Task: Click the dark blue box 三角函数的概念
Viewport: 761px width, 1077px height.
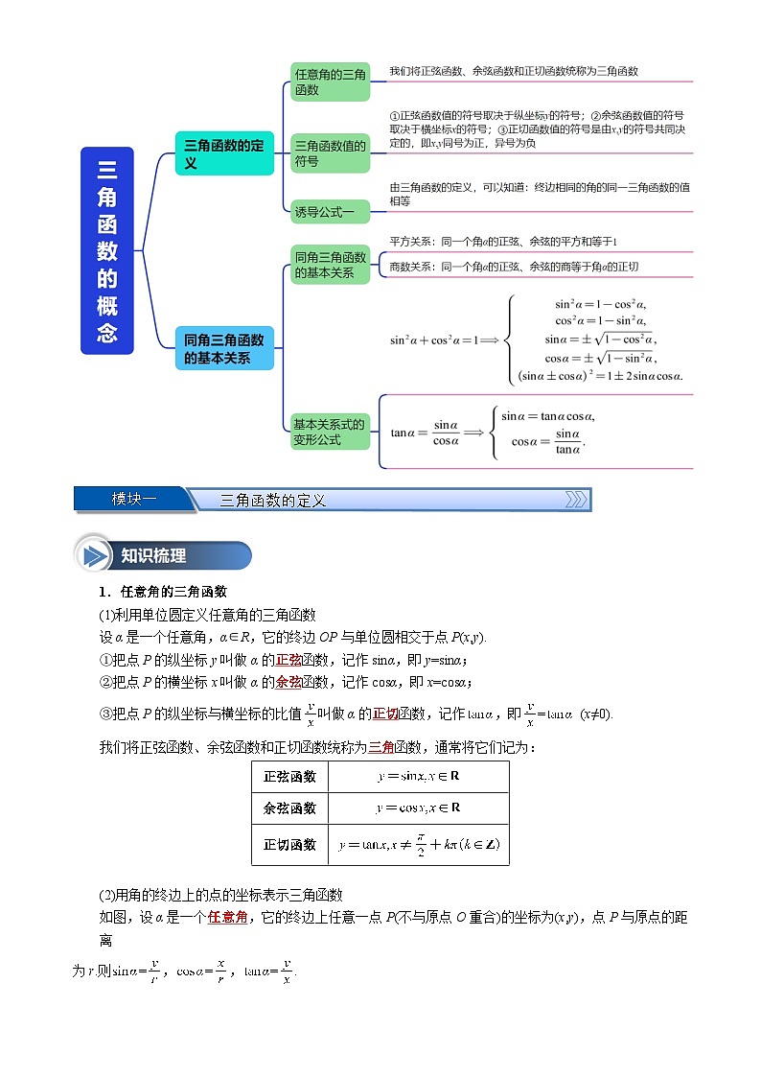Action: coord(106,251)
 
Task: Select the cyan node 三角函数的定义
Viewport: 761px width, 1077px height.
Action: coord(225,153)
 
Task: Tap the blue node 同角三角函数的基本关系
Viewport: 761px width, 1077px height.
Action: coord(225,348)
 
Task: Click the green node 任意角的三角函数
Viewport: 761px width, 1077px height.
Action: coord(330,82)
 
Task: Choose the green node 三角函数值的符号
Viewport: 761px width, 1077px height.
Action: coord(330,153)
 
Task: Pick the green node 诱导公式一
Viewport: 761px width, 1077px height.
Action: coord(330,211)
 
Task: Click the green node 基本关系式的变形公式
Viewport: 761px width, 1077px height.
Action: coord(330,432)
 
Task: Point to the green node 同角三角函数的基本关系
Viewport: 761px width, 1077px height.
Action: coord(330,265)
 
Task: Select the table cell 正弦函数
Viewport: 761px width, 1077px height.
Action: coord(289,777)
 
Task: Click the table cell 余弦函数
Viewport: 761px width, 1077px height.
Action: coord(289,808)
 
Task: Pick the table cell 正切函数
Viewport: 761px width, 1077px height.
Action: coord(289,845)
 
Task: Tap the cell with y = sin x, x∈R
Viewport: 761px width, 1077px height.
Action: coord(418,777)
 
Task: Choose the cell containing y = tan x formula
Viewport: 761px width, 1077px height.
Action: coord(418,845)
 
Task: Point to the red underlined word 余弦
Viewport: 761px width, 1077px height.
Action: coord(288,681)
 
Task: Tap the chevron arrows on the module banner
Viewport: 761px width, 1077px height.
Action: coord(576,499)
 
